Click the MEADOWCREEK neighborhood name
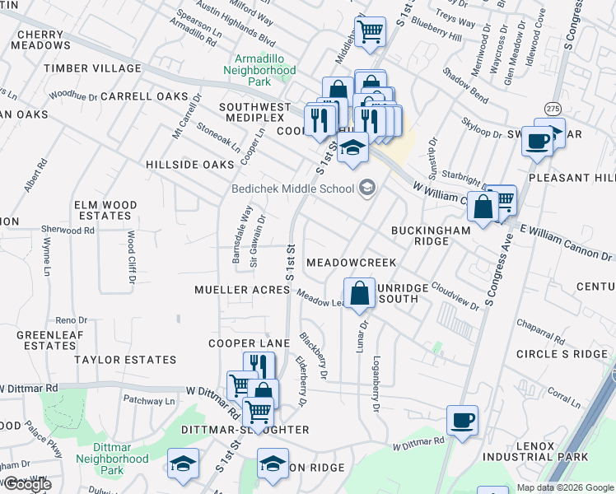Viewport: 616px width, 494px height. click(351, 262)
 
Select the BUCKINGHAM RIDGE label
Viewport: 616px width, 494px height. click(432, 235)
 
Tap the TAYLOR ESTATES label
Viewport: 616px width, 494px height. click(125, 360)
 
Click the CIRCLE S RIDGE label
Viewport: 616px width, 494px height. click(561, 354)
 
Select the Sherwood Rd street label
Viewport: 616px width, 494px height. click(72, 231)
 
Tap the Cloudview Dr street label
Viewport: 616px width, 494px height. click(455, 298)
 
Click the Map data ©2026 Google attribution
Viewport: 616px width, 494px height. click(565, 487)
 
